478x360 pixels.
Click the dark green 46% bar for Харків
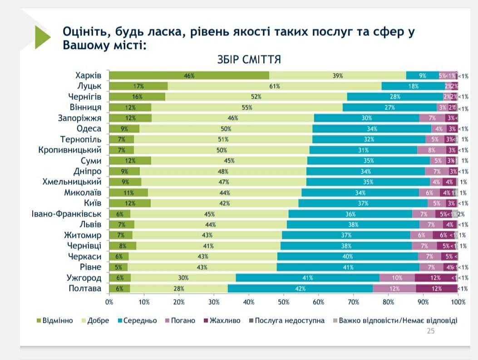click(x=189, y=76)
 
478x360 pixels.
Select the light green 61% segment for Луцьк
click(x=275, y=86)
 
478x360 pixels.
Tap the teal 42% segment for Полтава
click(x=300, y=289)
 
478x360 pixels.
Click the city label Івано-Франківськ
click(x=66, y=214)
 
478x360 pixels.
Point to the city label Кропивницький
click(x=69, y=150)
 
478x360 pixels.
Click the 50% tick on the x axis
click(x=284, y=301)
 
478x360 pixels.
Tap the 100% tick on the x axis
click(x=458, y=301)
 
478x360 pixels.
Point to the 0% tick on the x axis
click(x=109, y=301)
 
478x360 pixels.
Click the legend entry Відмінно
click(x=54, y=321)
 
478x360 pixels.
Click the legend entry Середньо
click(x=136, y=321)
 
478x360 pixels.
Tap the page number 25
click(x=430, y=331)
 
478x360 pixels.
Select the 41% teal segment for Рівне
click(x=348, y=267)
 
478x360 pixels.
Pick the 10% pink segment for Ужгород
click(x=397, y=278)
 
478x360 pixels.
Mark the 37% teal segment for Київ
click(x=363, y=203)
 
